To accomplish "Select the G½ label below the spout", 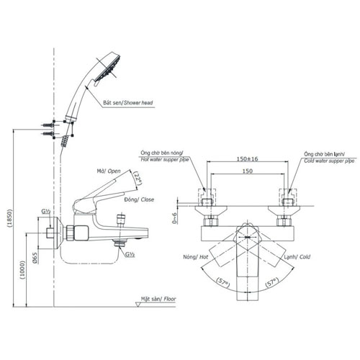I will (132, 254).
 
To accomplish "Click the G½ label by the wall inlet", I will (45, 211).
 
